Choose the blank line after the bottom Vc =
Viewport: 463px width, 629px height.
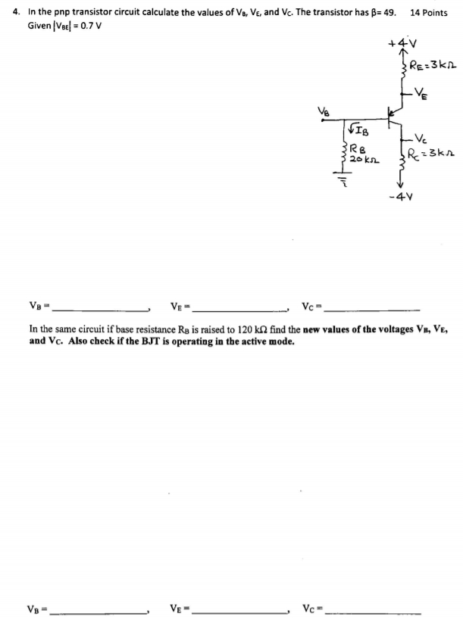(371, 612)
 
